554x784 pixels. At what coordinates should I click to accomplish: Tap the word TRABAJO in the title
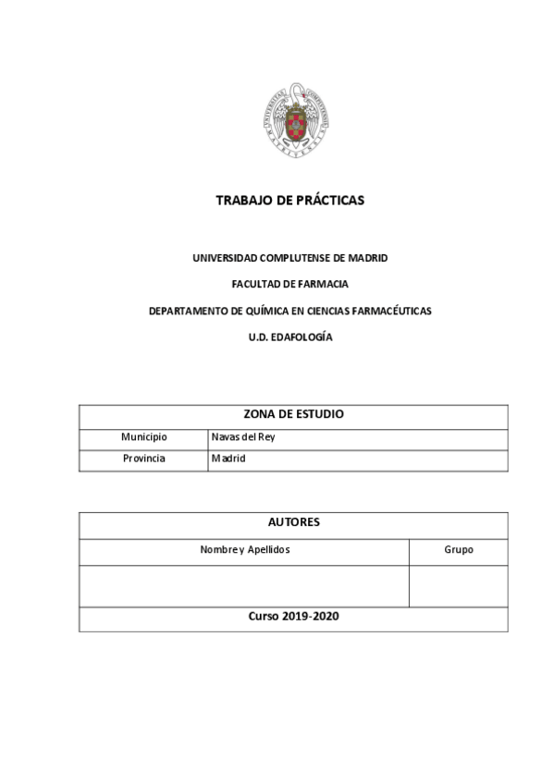click(240, 200)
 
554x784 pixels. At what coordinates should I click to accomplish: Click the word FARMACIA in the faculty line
click(317, 284)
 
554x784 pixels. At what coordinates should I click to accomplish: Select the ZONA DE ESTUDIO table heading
click(293, 414)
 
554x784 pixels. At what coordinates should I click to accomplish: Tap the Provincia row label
click(143, 459)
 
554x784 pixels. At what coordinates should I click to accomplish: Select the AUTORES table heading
click(293, 522)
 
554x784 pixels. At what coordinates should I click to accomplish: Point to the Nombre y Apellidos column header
click(245, 549)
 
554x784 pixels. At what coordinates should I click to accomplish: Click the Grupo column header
click(459, 549)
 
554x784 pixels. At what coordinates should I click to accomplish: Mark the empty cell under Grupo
click(459, 585)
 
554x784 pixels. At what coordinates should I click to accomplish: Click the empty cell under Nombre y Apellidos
click(245, 585)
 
